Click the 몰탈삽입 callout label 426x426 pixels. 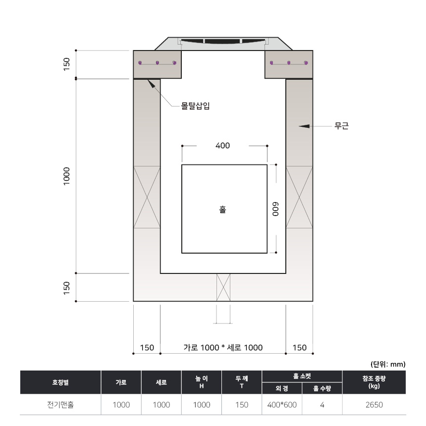pos(195,106)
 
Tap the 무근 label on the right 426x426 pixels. pos(341,126)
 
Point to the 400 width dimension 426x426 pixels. pos(222,146)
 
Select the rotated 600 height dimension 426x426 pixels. pos(275,209)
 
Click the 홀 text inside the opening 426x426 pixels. pos(222,210)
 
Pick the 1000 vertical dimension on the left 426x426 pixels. pos(66,176)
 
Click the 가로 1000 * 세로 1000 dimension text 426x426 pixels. pos(223,347)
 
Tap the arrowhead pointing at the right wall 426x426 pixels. pos(304,126)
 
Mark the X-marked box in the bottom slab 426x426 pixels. pos(223,287)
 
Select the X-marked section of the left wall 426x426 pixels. pos(147,197)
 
